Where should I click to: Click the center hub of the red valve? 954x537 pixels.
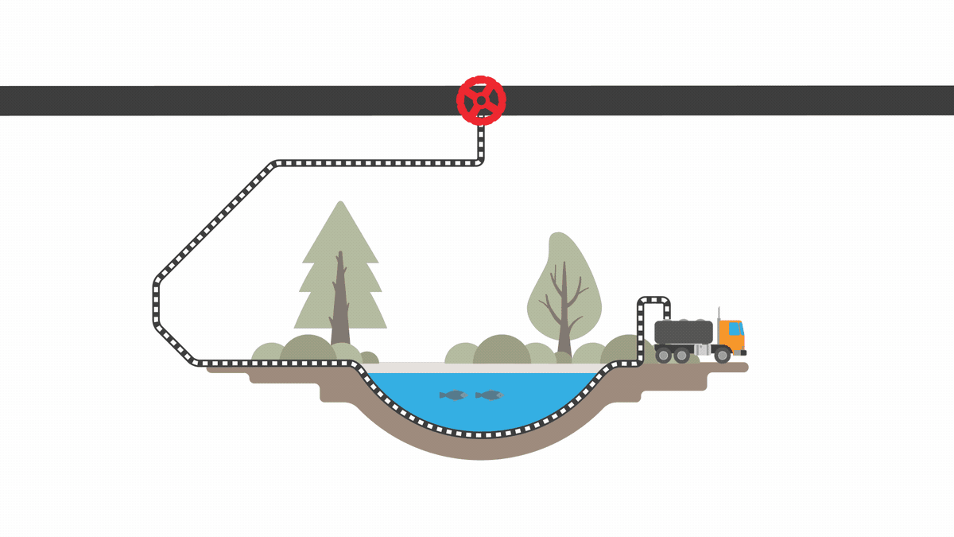click(481, 101)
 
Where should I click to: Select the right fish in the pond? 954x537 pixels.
click(490, 395)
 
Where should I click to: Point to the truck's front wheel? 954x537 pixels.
click(722, 355)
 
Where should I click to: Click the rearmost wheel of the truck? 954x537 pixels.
click(662, 355)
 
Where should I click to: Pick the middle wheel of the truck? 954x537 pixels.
click(681, 355)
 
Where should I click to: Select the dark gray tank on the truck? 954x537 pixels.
click(684, 331)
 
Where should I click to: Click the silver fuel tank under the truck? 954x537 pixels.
click(702, 350)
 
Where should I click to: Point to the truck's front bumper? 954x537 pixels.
click(741, 352)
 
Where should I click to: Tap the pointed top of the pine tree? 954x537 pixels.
click(340, 206)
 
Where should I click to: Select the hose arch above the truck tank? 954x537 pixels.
click(654, 299)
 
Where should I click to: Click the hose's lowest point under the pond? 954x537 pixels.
click(481, 434)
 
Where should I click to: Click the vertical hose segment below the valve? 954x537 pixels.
click(481, 143)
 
